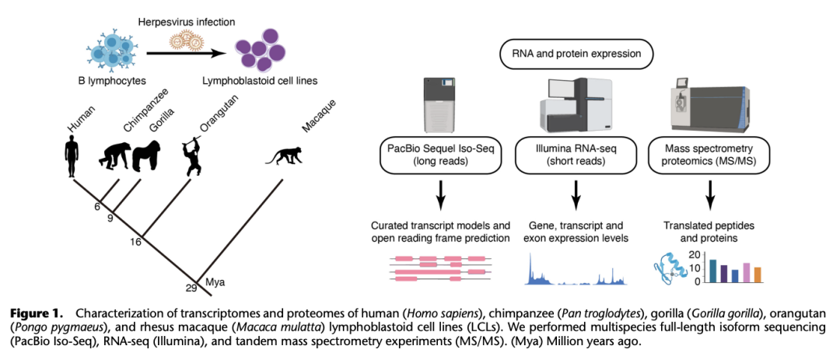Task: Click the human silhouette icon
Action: tap(72, 156)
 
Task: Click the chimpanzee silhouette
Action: tap(114, 156)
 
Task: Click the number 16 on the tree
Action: tap(135, 242)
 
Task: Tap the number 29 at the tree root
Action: tap(192, 288)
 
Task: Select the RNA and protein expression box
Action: tap(576, 54)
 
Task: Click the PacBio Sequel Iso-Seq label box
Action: tap(440, 156)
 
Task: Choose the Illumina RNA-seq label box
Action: tap(576, 156)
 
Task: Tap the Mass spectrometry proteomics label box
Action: tap(710, 156)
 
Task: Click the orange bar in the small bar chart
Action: tap(758, 274)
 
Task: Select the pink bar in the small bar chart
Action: tap(746, 273)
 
